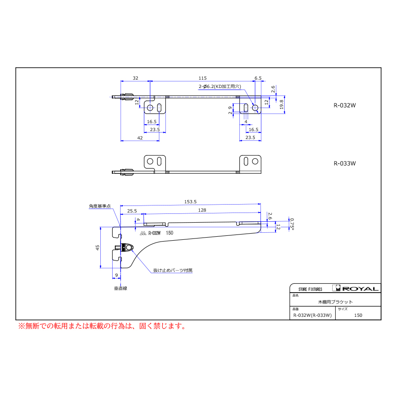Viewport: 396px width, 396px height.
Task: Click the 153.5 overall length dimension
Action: coord(190,202)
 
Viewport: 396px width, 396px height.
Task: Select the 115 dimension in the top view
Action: coord(202,78)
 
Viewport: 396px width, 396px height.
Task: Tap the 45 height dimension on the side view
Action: coord(98,247)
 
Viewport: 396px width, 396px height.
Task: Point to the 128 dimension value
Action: coord(202,210)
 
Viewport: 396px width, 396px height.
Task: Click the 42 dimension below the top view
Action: coord(140,138)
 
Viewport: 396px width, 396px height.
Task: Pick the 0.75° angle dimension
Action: coord(292,224)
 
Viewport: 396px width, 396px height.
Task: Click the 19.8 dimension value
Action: coord(282,104)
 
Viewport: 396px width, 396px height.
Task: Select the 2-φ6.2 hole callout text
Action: coord(220,86)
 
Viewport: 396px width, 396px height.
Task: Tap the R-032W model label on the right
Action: coord(345,105)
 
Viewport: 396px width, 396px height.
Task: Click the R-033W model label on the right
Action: coord(345,163)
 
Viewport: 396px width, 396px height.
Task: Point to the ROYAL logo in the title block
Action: coord(356,288)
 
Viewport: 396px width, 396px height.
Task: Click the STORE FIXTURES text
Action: coord(310,289)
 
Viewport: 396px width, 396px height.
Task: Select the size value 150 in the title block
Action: coord(358,315)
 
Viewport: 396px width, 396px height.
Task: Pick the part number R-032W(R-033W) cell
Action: coord(312,315)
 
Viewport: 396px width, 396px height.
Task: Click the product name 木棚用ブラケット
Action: coord(335,302)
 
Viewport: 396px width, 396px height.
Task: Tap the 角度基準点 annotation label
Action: coord(100,206)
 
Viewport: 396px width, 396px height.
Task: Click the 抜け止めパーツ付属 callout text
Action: coord(173,270)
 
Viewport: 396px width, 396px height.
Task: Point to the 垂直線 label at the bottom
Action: coord(121,288)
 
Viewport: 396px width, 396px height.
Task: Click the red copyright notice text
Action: coord(102,326)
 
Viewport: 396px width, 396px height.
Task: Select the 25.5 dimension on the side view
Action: coord(132,211)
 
